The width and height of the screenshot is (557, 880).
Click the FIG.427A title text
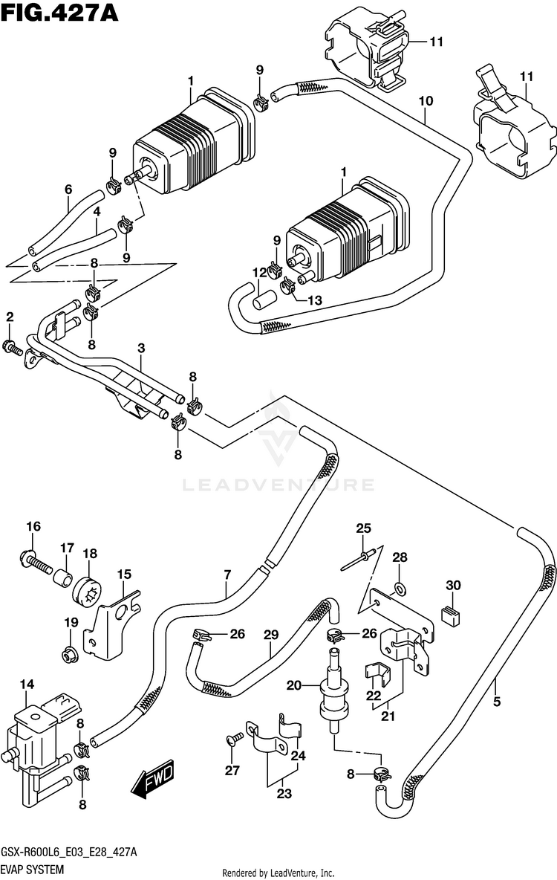click(x=59, y=13)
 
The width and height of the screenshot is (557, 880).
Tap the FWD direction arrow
click(x=152, y=780)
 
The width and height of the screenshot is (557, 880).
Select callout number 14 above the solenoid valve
click(x=27, y=684)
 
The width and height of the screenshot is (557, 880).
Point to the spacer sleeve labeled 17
click(x=63, y=577)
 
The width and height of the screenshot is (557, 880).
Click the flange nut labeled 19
click(x=70, y=654)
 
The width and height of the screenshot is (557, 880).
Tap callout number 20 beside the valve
click(x=295, y=685)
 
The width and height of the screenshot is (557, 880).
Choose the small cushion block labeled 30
click(x=450, y=615)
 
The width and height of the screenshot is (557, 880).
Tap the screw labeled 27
click(x=235, y=739)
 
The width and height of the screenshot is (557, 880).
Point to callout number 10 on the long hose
click(x=426, y=101)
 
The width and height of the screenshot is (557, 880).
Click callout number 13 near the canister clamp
click(x=315, y=300)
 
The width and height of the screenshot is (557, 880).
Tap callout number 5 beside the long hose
click(x=497, y=701)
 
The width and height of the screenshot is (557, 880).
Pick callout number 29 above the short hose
click(x=271, y=635)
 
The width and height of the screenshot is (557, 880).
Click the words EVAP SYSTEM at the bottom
click(x=32, y=870)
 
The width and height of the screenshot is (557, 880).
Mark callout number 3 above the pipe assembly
click(x=141, y=349)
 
